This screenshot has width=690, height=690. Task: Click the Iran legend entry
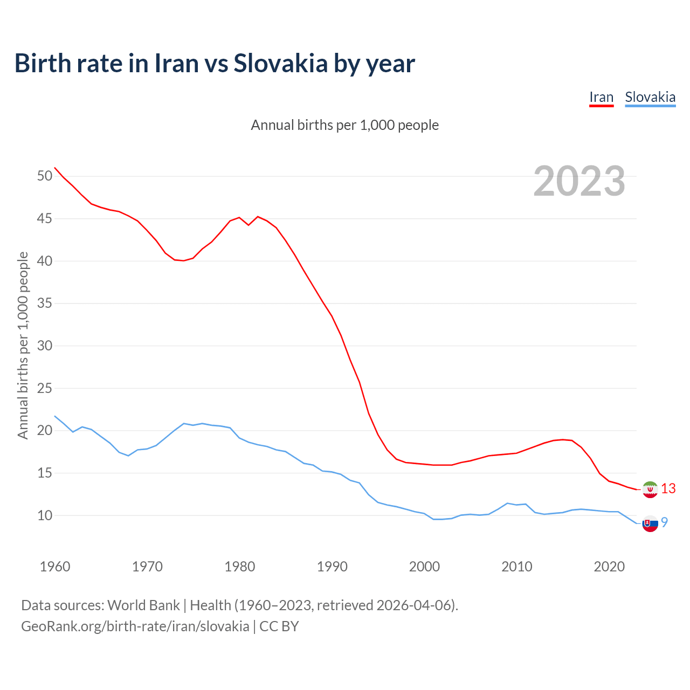point(601,98)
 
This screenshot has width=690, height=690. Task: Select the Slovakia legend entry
point(650,98)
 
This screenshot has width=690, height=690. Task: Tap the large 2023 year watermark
point(579,181)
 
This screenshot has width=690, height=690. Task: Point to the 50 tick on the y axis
point(45,176)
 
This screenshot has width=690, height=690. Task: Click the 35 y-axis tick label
point(45,303)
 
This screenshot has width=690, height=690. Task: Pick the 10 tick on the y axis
point(45,516)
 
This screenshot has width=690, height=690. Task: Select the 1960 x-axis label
point(55,567)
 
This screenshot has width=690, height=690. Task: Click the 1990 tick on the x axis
point(332,567)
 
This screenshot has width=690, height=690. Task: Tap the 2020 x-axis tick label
point(609,567)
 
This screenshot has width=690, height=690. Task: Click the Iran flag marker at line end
point(650,489)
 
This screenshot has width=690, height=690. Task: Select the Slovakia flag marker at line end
point(650,523)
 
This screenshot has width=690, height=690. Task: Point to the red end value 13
point(668,489)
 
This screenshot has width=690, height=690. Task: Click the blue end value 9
point(665,522)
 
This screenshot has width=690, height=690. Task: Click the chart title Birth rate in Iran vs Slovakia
point(215,64)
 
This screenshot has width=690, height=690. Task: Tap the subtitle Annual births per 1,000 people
point(345,125)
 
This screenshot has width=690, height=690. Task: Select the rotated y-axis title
point(23,345)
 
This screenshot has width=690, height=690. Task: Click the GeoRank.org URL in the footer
point(135,626)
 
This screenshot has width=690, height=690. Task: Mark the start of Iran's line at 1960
point(55,168)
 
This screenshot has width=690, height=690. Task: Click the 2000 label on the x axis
point(424,567)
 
